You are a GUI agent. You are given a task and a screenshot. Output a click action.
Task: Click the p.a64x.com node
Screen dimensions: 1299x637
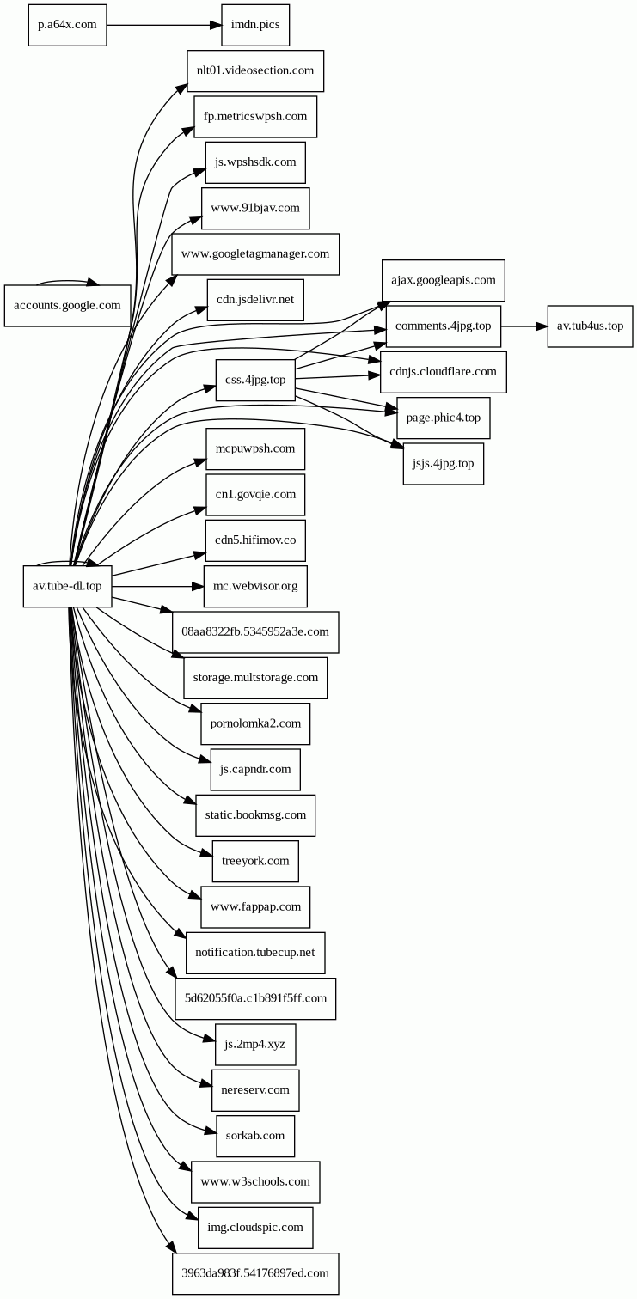coord(67,25)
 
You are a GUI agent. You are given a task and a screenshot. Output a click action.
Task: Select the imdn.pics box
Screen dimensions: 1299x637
coord(255,25)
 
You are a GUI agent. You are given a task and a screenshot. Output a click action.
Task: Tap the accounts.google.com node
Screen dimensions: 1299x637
coord(68,305)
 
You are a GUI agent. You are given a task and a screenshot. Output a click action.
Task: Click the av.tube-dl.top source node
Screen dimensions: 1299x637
coord(67,586)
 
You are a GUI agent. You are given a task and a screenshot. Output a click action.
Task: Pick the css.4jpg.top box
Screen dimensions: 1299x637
coord(255,380)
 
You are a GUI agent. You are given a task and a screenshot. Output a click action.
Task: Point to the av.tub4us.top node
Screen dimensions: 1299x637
coord(590,326)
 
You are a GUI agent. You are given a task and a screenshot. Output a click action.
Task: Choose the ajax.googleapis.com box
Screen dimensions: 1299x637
coord(444,280)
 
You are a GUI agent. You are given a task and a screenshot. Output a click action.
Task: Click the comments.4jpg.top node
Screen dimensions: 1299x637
coord(444,326)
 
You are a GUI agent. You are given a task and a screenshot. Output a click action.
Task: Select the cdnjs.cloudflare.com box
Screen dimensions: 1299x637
coord(444,372)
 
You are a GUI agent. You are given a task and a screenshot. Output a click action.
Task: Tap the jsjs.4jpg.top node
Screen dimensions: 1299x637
coord(444,464)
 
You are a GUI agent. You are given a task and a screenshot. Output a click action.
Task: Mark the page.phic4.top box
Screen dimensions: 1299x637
coord(444,418)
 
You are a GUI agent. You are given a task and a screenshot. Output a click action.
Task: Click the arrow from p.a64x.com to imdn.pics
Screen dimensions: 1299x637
coord(163,25)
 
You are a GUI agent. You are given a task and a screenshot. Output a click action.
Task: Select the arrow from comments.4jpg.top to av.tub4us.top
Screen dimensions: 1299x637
coord(524,326)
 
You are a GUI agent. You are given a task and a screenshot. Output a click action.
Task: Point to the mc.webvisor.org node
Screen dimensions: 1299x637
coord(255,586)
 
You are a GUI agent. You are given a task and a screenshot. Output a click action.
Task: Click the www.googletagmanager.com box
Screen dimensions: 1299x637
coord(255,253)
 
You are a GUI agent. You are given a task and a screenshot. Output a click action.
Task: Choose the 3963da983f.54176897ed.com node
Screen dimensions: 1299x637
coord(255,1273)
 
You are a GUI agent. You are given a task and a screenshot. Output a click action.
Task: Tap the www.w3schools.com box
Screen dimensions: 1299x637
coord(255,1181)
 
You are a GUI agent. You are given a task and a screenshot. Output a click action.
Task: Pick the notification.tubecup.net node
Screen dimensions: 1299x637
coord(255,952)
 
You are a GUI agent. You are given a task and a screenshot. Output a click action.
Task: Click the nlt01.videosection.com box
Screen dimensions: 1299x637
coord(255,70)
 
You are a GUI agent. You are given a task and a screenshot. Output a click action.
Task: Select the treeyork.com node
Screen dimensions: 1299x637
coord(255,860)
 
